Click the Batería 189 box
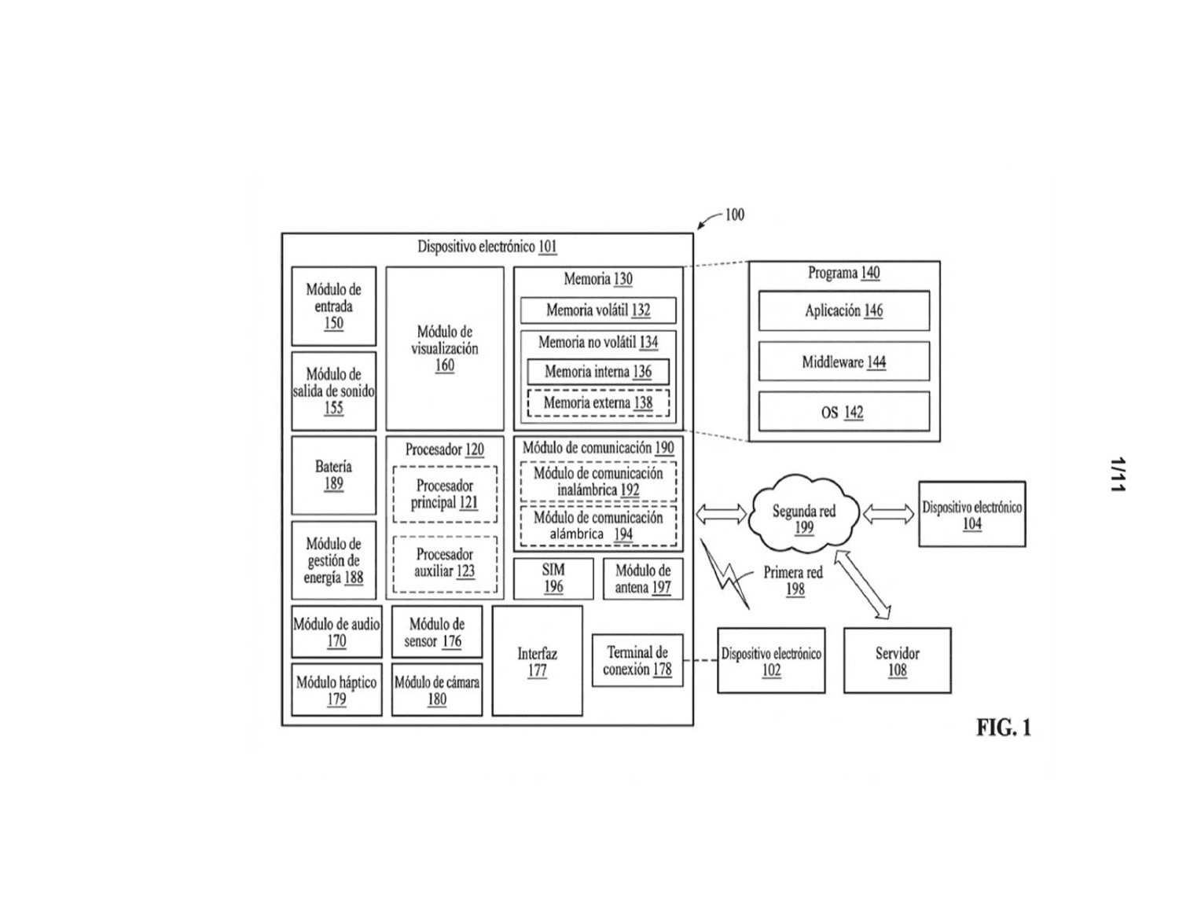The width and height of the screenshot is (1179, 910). coord(333,475)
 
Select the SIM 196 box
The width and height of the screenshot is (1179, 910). coord(553,578)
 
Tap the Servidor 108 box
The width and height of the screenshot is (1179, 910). coord(897,661)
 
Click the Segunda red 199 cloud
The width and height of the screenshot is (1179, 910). coord(803,514)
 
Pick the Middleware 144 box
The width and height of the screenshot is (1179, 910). coord(843,361)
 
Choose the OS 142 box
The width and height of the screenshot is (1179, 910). coord(843,412)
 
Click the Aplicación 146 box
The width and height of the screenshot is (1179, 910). coord(843,310)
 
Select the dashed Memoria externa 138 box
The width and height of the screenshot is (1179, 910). coord(598,403)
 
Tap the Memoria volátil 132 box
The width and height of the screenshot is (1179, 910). coord(598,310)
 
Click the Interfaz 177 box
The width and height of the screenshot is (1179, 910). coord(537,661)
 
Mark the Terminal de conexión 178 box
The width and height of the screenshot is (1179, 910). coord(637,660)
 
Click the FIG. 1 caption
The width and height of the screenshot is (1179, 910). coord(1003,727)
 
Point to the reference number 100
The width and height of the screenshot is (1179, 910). coord(735,215)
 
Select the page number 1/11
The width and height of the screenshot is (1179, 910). coord(1118,475)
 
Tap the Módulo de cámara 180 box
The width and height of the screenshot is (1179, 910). coord(437,690)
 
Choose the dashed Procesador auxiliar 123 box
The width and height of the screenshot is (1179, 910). coord(444,564)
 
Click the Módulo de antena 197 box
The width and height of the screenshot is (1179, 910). coord(643,578)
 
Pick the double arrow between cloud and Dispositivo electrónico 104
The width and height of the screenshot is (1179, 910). coord(888,514)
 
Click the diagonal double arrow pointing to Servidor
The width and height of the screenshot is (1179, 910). coord(862,585)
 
